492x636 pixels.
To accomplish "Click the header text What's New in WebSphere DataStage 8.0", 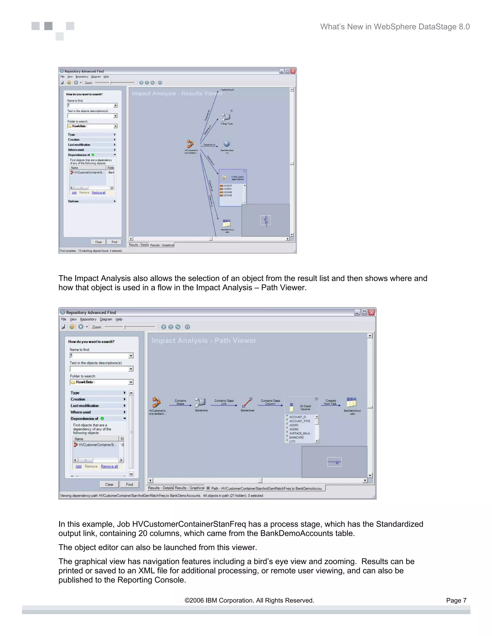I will point(395,27).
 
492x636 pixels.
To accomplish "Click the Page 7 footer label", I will point(456,600).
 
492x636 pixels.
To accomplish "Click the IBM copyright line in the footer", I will point(249,600).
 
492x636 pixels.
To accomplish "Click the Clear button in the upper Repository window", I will point(98,242).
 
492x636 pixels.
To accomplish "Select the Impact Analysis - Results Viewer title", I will point(177,93).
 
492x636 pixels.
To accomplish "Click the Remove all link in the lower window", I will point(109,466).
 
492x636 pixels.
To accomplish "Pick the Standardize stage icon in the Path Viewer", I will point(201,402).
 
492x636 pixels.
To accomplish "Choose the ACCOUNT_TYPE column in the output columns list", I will point(300,421).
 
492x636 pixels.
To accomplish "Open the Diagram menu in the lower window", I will point(106,319).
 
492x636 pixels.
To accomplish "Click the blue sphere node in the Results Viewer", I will point(227,144).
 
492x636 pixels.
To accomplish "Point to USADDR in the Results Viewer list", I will point(227,186).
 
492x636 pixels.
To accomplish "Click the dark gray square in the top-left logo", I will point(48,26).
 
